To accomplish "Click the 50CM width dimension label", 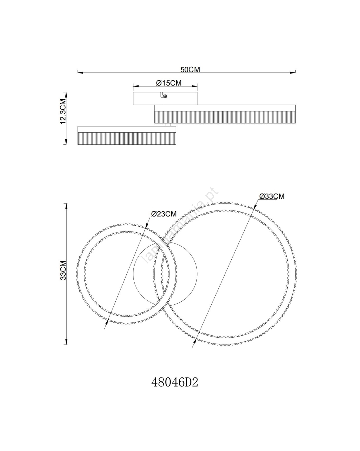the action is pos(190,70).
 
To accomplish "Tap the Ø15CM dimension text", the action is pos(169,83).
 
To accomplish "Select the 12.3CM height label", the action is pos(63,111).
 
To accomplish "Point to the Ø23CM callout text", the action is pos(164,214).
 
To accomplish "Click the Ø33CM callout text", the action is pos(272,196).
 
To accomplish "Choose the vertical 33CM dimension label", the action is pos(63,270).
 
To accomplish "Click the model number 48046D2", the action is pos(175,383).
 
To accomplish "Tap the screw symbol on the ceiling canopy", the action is pos(165,96).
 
